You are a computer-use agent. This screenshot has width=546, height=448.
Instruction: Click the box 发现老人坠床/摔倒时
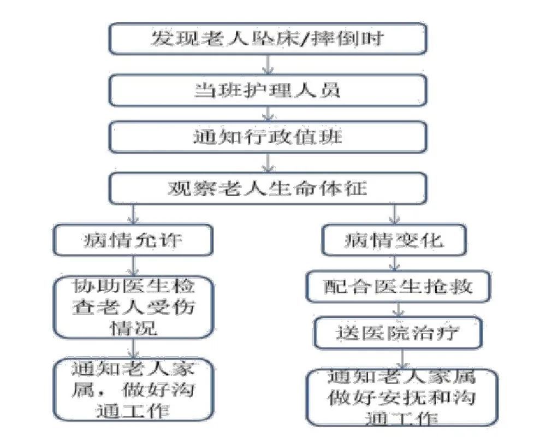pos(268,39)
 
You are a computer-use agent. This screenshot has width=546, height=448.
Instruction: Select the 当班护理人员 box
pos(268,89)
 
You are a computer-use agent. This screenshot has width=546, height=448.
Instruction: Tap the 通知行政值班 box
pos(268,136)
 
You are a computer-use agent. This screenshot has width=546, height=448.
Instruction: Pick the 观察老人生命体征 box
pos(268,188)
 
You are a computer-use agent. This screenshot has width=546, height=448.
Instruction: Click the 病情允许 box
pos(133,240)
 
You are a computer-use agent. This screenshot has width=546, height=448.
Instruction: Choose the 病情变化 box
pos(394,240)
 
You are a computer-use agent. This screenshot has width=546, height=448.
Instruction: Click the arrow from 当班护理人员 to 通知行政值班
pos(268,113)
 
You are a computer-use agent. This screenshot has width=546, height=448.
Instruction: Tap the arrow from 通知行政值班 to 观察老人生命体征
pos(268,162)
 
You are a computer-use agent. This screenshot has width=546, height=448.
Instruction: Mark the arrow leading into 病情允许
pos(133,215)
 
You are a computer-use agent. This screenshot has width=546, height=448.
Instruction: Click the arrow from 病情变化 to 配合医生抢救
pos(394,264)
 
